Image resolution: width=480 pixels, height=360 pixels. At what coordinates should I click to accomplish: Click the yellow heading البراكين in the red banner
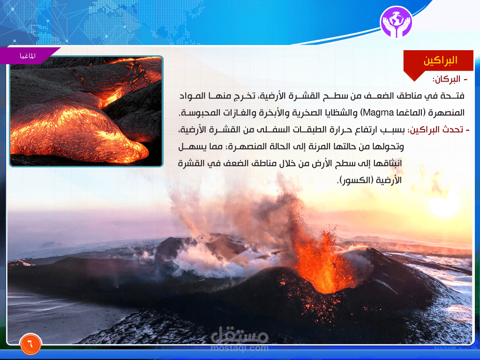[440, 60]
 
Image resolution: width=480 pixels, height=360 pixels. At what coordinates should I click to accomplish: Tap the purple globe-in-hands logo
[396, 22]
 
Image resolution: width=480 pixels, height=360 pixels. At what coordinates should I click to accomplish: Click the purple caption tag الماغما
[28, 56]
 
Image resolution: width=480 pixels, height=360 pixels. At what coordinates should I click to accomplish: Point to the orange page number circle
[30, 344]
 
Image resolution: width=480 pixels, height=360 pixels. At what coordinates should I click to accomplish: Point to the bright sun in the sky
[444, 206]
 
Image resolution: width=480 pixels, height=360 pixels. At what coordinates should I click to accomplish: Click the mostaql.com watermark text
[240, 348]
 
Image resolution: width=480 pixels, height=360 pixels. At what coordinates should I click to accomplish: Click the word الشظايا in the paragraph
[322, 112]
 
